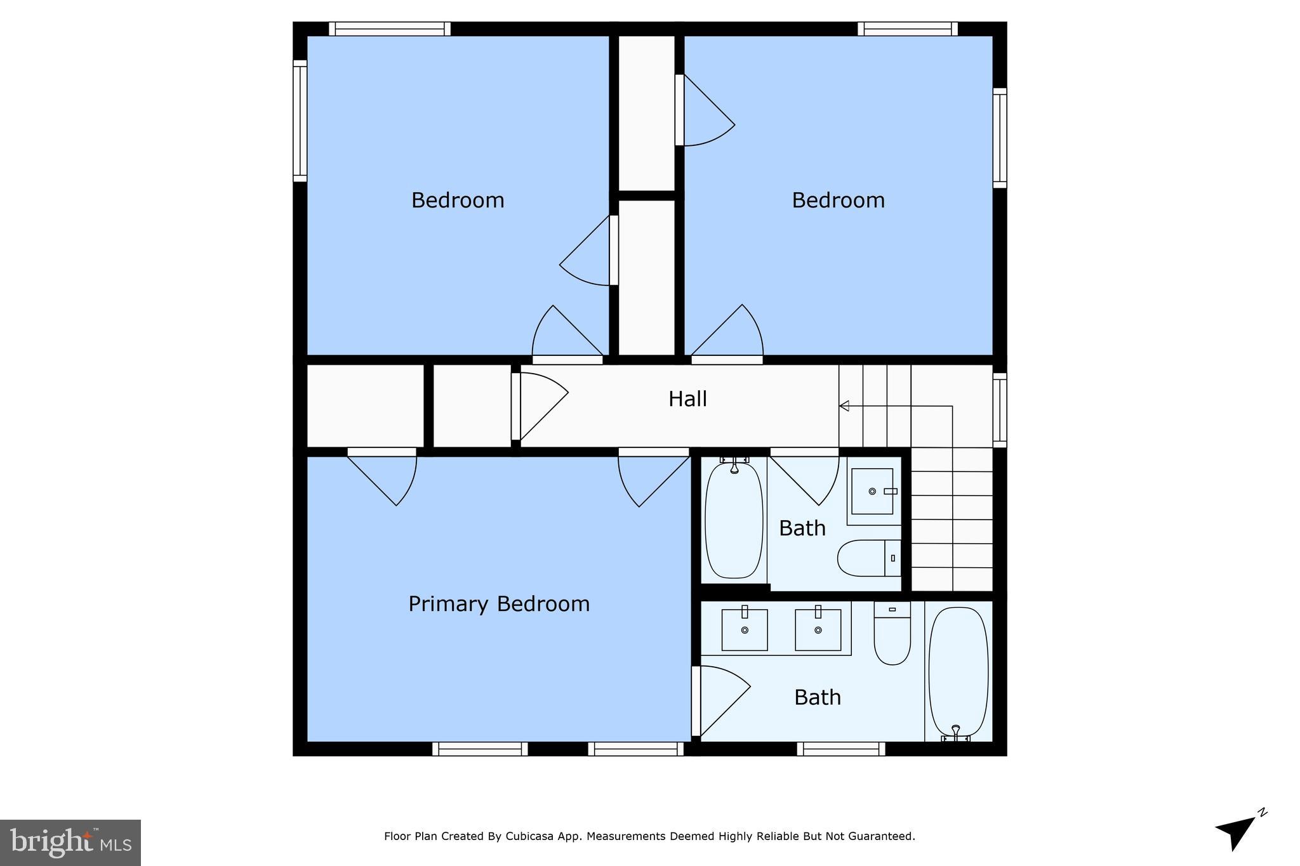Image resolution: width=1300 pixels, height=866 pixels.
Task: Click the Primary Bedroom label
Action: tap(499, 603)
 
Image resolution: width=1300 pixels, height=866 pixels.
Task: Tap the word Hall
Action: tap(687, 399)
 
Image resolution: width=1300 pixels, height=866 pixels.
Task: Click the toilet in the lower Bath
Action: tap(892, 634)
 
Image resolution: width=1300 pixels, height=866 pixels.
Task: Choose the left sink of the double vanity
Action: tap(745, 629)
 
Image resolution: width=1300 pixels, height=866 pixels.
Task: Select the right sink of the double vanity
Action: tap(818, 629)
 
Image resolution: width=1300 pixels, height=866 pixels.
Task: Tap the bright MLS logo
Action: tap(70, 843)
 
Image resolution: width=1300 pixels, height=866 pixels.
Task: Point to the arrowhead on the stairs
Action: tap(844, 405)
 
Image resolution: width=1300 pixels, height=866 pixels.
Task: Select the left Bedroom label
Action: tap(458, 200)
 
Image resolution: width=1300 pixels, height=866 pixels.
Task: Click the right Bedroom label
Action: tap(838, 200)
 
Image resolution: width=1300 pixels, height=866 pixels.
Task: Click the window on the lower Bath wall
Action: tap(840, 749)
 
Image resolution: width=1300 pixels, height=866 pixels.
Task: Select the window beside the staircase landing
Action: tap(1000, 409)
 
